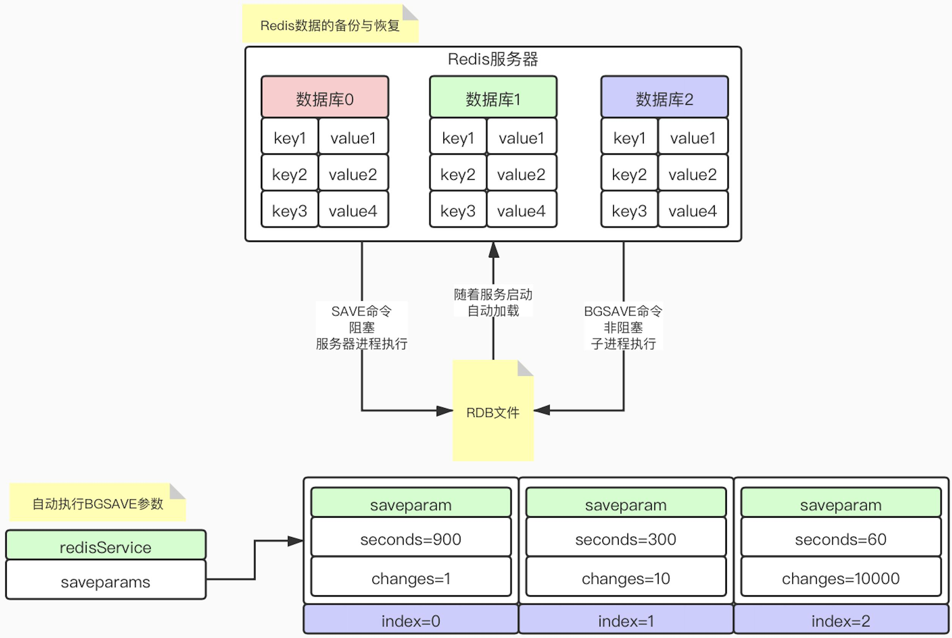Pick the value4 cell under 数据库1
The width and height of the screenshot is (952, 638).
point(521,210)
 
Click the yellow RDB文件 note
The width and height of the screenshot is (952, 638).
point(493,411)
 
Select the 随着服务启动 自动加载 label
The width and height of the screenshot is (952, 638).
point(493,302)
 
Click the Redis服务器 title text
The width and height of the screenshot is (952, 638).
point(493,59)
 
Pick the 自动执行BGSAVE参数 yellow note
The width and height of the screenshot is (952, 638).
point(98,503)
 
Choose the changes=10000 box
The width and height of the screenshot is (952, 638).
point(840,577)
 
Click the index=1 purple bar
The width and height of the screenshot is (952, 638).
point(626,620)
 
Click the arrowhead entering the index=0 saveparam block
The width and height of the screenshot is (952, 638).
point(296,541)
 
